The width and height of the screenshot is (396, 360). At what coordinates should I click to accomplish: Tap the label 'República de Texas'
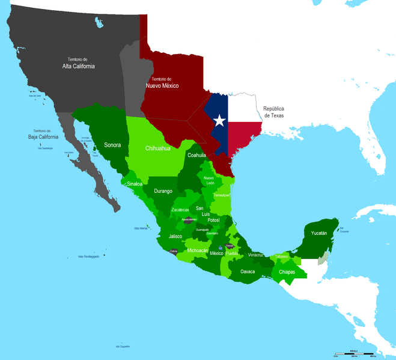pos(273,112)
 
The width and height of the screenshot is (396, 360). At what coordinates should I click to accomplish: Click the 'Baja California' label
pos(41,135)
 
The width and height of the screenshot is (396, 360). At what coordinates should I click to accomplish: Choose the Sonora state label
pos(112,145)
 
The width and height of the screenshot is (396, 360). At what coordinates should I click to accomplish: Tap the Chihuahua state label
pos(158,148)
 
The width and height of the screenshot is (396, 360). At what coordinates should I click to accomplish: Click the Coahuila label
pos(196,155)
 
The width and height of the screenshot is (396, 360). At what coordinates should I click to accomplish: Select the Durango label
pos(163,191)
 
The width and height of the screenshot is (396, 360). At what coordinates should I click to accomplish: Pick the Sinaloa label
pos(135,184)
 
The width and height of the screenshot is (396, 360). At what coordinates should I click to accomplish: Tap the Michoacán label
pos(198,250)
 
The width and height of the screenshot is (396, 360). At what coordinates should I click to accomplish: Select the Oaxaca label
pos(248,272)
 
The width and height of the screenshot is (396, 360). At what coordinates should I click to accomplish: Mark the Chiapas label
pos(287,272)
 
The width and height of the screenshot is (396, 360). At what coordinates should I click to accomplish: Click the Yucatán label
pos(319,233)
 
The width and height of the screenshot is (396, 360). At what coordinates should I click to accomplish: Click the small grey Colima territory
pos(173,252)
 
